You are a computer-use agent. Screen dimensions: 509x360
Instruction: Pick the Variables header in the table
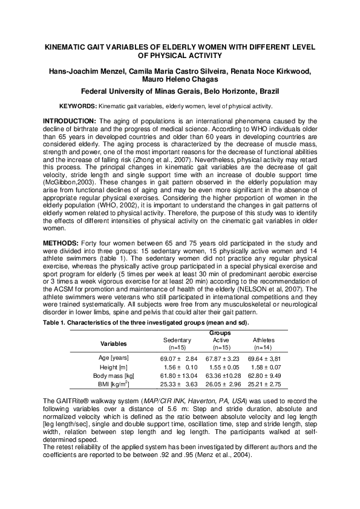113,343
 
